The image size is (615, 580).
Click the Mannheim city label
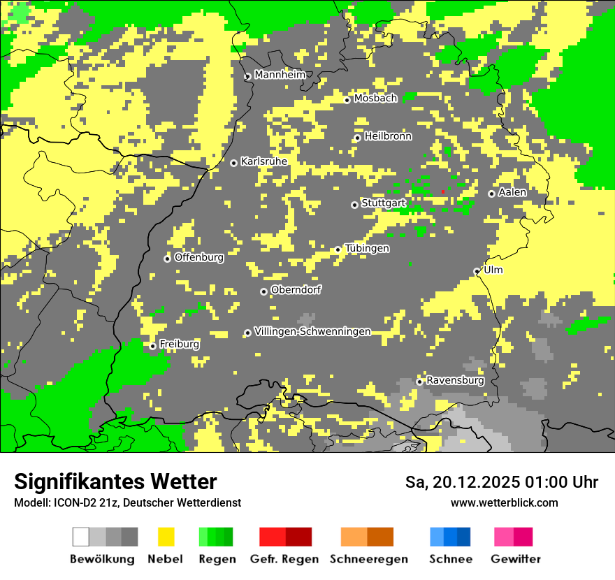point(280,75)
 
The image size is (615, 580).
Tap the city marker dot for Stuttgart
point(354,205)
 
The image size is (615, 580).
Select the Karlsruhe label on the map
point(263,161)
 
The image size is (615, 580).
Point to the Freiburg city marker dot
point(152,346)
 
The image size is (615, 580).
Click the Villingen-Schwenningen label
point(312,331)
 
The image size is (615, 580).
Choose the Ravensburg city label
point(455,380)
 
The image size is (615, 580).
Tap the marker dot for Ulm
point(477,271)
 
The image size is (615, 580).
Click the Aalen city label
point(512,192)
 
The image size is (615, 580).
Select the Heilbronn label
point(388,136)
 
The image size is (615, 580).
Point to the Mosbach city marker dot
point(347,100)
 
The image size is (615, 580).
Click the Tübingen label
point(367,248)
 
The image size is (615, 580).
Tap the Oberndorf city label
point(296,290)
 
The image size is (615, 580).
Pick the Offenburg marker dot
point(167,259)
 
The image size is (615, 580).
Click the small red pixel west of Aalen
point(442,191)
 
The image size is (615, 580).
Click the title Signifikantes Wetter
point(115,481)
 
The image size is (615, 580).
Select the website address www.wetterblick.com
point(504,502)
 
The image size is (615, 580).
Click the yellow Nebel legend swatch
point(166,537)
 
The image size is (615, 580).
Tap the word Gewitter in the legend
point(515,559)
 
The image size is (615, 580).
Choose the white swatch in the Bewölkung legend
point(81,537)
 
